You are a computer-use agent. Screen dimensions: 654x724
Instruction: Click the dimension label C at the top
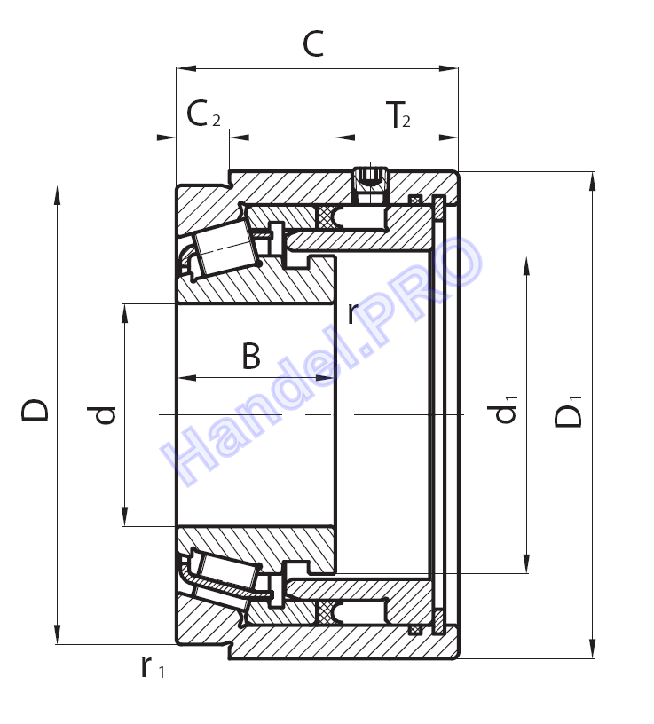click(313, 43)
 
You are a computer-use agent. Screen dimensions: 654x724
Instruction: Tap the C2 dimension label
click(203, 114)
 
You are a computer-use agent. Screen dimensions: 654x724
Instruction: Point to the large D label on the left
click(35, 410)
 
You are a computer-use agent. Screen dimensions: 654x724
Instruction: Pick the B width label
click(251, 356)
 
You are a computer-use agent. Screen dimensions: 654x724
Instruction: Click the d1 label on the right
click(505, 409)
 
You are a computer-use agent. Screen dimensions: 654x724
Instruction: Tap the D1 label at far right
click(568, 411)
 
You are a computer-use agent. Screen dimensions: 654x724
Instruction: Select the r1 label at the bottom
click(153, 667)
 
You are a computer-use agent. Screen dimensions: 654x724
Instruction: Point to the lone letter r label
click(352, 313)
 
